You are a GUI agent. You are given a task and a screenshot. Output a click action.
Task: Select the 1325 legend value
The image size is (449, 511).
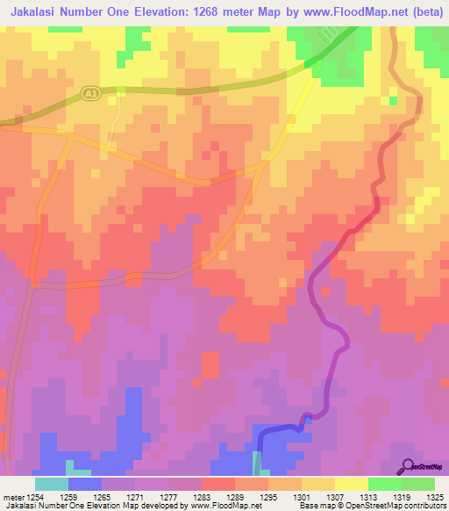[x=435, y=496]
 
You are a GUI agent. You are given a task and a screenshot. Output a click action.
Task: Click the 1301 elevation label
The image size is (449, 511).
[x=302, y=496]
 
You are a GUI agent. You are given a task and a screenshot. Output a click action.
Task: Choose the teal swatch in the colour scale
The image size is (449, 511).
[x=52, y=484]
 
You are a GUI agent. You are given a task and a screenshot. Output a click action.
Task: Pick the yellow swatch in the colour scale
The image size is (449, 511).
[x=352, y=484]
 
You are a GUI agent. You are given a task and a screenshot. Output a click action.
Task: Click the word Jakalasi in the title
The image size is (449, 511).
[x=39, y=11]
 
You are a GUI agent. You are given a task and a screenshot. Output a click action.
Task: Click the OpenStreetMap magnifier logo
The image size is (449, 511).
[x=407, y=466]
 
